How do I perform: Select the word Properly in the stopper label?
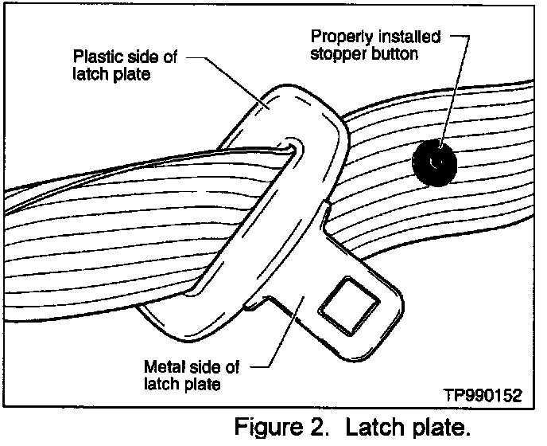(x=336, y=37)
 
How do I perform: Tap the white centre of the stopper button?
(x=433, y=162)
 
